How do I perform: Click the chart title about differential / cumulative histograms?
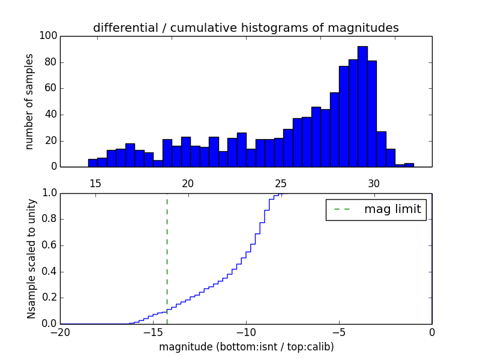coord(245,28)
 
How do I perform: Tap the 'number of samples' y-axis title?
coord(29,101)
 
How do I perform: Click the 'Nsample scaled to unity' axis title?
coord(31,258)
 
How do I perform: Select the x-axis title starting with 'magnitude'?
coord(246,347)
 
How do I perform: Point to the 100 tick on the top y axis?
coord(49,36)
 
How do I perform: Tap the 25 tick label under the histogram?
coord(281,183)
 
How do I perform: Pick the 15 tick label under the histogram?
coord(95,183)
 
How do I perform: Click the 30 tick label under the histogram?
coord(374,183)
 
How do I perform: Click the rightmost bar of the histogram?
coord(409,165)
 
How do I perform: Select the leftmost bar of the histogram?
coord(92,163)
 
